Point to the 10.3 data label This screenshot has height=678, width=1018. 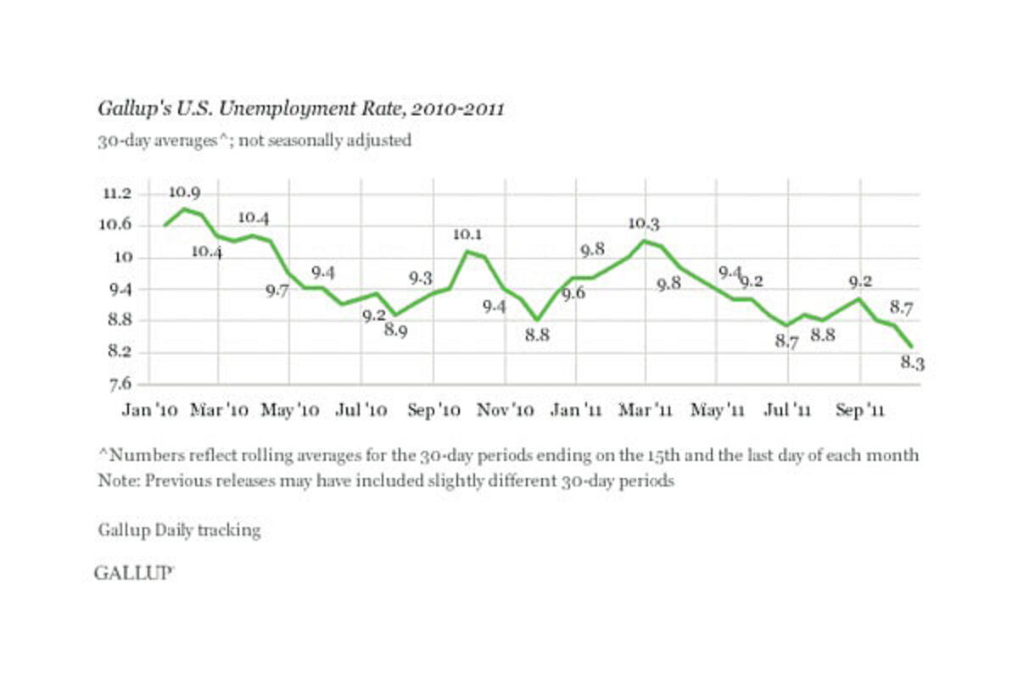[644, 225]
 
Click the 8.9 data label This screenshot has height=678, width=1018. [394, 331]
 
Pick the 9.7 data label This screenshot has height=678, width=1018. [277, 291]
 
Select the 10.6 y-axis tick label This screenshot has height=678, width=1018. [116, 225]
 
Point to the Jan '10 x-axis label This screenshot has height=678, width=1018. [149, 410]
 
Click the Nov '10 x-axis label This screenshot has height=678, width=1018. [505, 410]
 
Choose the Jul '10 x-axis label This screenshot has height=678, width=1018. [362, 410]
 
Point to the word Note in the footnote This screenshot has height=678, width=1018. [115, 481]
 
